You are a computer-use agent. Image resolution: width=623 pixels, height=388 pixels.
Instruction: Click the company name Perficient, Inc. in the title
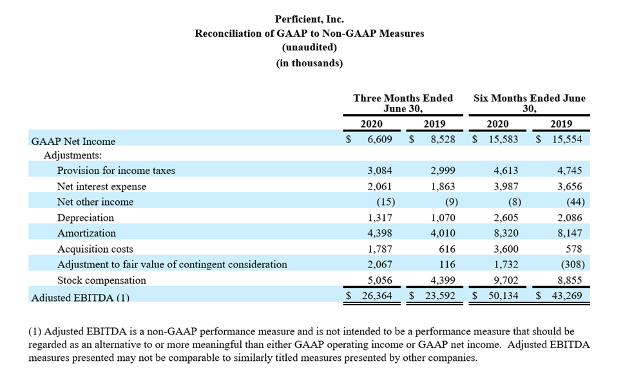coord(309,19)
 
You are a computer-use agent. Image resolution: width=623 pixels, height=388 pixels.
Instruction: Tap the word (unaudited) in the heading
coord(309,47)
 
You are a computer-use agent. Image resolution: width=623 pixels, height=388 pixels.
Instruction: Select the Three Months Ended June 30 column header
coord(403,103)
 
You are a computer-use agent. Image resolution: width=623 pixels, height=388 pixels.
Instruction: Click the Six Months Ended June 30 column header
coord(529,103)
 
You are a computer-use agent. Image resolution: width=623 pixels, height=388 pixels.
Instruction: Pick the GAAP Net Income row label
coord(73,142)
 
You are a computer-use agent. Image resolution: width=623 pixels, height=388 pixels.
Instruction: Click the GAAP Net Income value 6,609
coord(379,139)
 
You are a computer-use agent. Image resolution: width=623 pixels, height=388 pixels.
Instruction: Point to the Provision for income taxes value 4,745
coord(570,171)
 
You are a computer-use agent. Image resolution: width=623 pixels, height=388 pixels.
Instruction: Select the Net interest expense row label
coord(102,186)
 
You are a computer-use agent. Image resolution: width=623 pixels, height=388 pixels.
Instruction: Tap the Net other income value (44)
coord(575,202)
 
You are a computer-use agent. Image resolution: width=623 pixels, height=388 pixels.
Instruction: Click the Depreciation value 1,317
coord(379,218)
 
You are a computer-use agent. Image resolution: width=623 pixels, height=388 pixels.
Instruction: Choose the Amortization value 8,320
coord(506,233)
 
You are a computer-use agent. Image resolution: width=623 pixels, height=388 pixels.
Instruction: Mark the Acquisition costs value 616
coord(447,249)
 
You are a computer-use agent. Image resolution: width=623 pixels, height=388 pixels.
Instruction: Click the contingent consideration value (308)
coord(573,264)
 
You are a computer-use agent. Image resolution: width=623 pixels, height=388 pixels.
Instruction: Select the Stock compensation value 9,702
coord(506,280)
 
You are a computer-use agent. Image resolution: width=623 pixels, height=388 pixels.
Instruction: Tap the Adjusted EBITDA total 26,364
coord(377,296)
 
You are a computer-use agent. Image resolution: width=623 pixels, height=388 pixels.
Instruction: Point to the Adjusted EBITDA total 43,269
coord(566,296)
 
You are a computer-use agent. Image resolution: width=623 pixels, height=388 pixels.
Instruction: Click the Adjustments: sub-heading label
coord(73,155)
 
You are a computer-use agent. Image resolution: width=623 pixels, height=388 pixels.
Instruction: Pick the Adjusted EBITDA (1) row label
coord(81,298)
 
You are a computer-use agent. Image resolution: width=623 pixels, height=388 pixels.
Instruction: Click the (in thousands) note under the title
coord(309,63)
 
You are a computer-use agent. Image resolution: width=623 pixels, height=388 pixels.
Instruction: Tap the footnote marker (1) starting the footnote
coord(35,331)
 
